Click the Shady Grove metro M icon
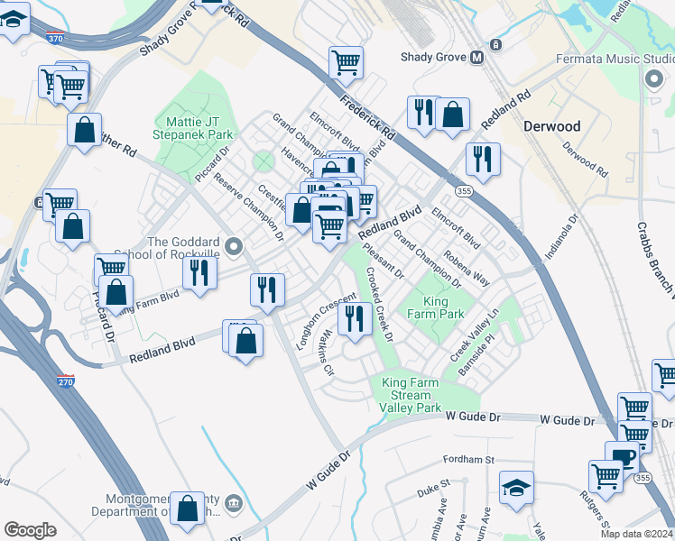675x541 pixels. [x=476, y=58]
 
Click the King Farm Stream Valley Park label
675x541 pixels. [x=411, y=395]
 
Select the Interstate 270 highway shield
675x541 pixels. [x=65, y=381]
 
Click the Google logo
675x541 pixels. [x=30, y=530]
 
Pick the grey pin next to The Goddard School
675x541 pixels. [x=235, y=246]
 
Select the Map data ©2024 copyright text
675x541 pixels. [x=636, y=534]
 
